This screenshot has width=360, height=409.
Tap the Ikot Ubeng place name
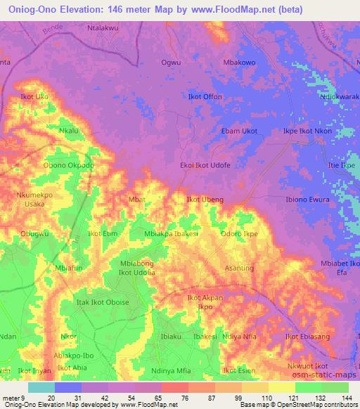pos(205,200)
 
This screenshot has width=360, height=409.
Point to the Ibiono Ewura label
pos(307,200)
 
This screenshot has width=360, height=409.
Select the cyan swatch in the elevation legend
pos(41,387)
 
